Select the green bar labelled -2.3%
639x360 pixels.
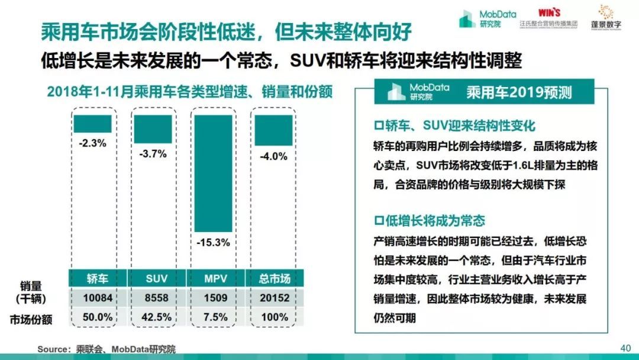point(92,124)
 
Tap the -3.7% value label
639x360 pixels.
point(153,154)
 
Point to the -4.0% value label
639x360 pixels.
point(273,157)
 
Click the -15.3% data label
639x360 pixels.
point(213,242)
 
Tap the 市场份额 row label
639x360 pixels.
point(31,320)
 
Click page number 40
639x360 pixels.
point(625,348)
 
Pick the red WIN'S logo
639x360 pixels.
point(549,12)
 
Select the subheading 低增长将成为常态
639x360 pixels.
point(430,221)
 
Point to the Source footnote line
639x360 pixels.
point(106,349)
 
